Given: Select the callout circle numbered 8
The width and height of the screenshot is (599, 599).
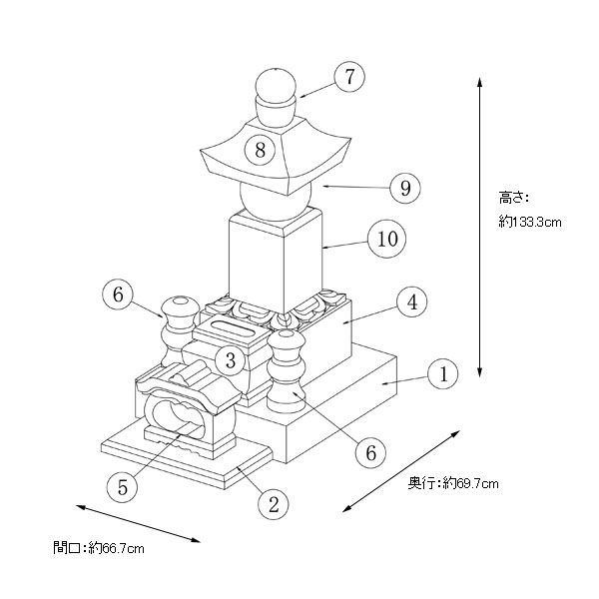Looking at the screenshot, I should tap(261, 151).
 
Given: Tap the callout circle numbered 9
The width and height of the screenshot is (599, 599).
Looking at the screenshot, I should tap(404, 187).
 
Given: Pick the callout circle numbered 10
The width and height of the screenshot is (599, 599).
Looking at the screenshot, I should tap(384, 239).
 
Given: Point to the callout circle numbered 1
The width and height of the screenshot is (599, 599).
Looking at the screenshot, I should tap(443, 374).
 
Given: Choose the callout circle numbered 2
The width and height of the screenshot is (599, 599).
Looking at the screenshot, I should tap(271, 503).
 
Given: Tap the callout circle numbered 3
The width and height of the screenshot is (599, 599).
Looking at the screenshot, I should tap(230, 360).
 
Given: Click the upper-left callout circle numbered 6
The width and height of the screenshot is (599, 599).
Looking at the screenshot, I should tap(118, 295).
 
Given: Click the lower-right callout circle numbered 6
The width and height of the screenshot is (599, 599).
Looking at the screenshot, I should tap(370, 451).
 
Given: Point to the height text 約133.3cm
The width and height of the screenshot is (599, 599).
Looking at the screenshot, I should tap(529, 222).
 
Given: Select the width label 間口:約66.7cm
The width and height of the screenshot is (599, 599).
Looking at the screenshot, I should tap(99, 547).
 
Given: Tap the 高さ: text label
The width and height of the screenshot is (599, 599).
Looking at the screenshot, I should tap(513, 197).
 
